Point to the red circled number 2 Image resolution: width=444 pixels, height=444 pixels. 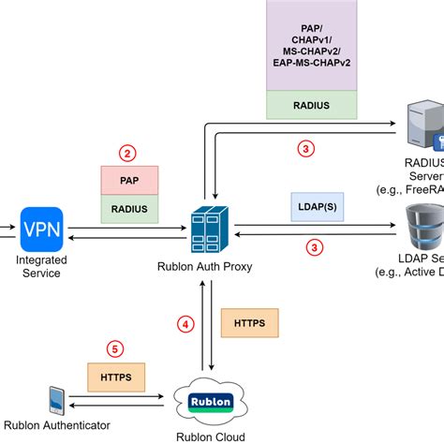pyautogui.click(x=128, y=151)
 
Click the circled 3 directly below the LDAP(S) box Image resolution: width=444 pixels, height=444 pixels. pyautogui.click(x=316, y=248)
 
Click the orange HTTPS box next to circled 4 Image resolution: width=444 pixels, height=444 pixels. pyautogui.click(x=243, y=324)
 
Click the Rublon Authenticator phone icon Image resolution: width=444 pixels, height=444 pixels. pyautogui.click(x=56, y=400)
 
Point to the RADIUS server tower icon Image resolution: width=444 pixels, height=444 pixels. pyautogui.click(x=424, y=132)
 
